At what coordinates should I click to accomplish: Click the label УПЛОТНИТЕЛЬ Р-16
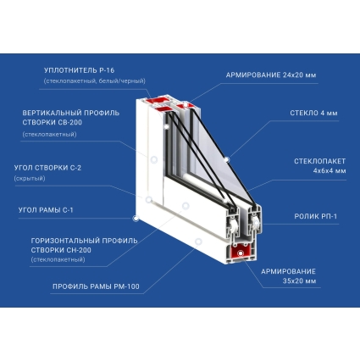point(79,70)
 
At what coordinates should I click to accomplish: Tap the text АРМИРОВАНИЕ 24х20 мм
point(271,75)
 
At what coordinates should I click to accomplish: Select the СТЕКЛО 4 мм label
point(313,113)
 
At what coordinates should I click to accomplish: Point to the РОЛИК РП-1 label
point(316,216)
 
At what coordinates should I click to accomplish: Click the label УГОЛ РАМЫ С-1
point(46,210)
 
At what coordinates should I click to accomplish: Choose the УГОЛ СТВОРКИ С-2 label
point(47,168)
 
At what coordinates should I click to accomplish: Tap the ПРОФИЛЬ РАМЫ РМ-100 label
point(96,286)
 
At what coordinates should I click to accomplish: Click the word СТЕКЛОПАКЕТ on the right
point(320,161)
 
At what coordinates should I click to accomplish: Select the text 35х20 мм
point(299,281)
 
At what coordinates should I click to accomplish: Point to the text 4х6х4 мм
point(330,171)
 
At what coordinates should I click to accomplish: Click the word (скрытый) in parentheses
point(30,179)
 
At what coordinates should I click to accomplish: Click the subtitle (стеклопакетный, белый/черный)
point(95,81)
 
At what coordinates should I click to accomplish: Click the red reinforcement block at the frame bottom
point(241,253)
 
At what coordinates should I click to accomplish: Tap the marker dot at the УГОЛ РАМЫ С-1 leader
point(136,219)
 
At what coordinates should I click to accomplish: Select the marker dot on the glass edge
point(226,160)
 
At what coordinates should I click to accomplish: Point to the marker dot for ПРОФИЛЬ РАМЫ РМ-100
point(198,242)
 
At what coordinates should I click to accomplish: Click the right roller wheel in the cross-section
point(256,223)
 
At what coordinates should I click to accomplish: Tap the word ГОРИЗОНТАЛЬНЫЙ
point(65,241)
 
